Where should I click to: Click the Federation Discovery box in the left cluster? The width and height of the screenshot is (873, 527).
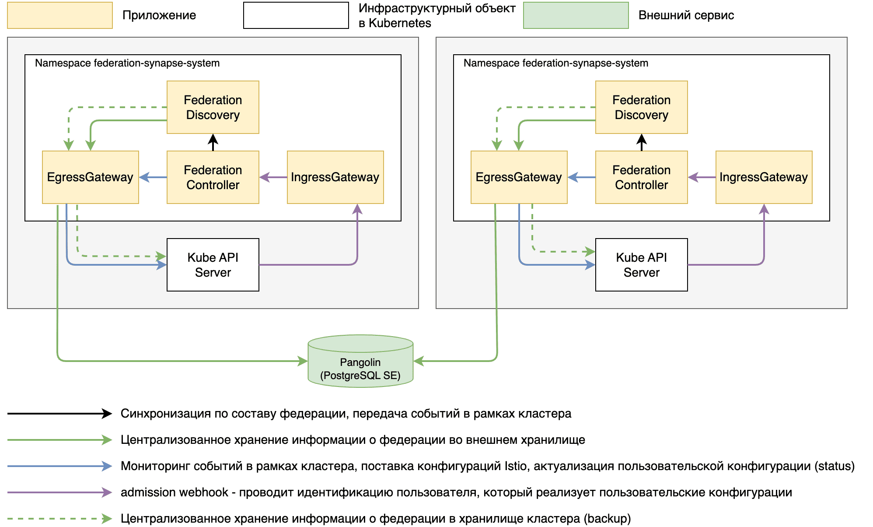(213, 107)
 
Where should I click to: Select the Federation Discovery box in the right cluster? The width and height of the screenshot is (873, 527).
(641, 107)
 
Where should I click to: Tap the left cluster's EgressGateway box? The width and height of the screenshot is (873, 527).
(90, 177)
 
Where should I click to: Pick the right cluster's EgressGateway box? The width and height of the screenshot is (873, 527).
(519, 177)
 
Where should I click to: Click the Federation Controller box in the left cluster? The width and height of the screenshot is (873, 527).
(213, 177)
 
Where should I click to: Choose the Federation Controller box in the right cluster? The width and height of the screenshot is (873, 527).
(641, 177)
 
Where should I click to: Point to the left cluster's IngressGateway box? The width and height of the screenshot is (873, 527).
(335, 177)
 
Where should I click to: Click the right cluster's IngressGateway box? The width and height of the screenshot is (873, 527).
(764, 177)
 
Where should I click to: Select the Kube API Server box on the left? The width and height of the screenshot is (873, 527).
(213, 265)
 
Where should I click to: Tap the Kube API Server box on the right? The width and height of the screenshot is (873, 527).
(641, 265)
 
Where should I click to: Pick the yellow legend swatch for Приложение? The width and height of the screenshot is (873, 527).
(60, 15)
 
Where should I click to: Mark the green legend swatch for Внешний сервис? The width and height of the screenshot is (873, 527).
(576, 15)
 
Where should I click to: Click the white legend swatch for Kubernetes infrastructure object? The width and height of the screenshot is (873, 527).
(296, 15)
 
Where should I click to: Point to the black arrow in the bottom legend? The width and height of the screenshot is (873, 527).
(59, 414)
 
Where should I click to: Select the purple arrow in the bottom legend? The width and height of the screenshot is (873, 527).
(59, 492)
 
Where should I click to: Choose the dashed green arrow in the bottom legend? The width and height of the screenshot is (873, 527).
(59, 519)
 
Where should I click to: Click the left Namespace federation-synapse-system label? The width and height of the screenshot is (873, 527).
(127, 63)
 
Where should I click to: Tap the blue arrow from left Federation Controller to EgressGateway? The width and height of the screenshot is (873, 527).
(153, 177)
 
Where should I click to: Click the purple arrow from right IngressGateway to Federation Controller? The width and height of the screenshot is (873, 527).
(702, 177)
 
